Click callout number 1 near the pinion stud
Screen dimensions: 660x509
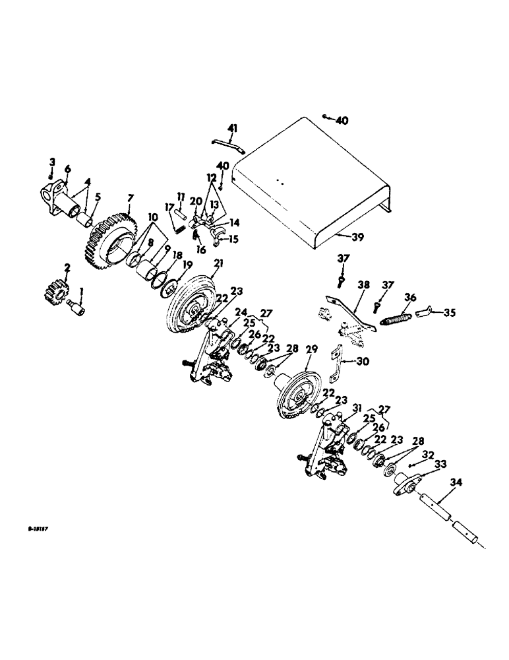pyautogui.click(x=82, y=290)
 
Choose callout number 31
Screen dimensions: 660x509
pyautogui.click(x=357, y=407)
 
